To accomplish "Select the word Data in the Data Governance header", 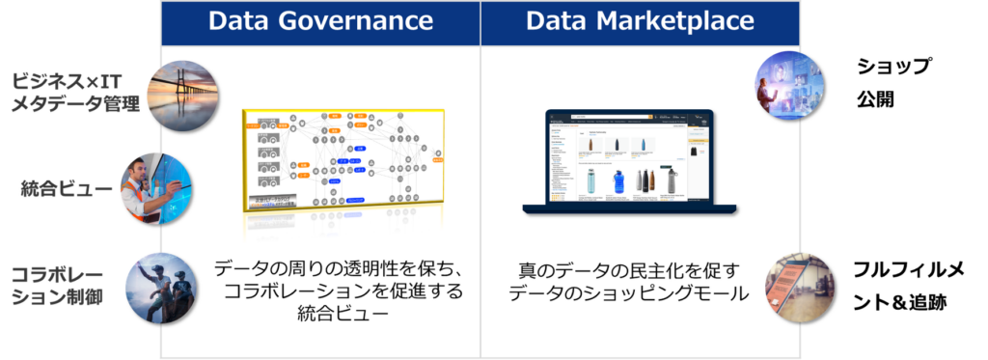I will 239,21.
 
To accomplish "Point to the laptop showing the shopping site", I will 630,162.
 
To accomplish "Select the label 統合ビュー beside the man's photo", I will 67,190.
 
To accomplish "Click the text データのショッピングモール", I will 629,294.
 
